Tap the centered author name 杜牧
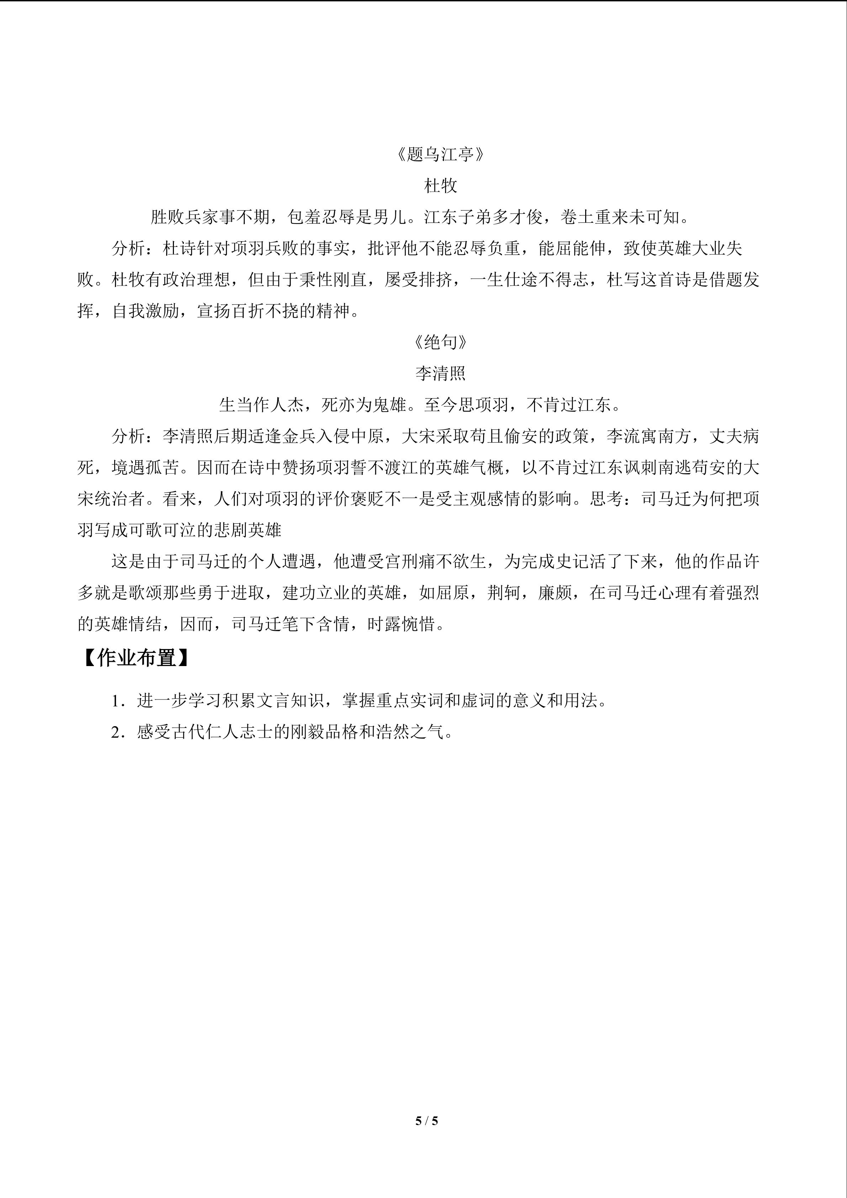tap(441, 186)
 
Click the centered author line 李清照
tap(441, 374)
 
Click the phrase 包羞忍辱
tap(322, 217)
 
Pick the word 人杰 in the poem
tap(287, 405)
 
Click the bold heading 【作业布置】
tap(137, 659)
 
